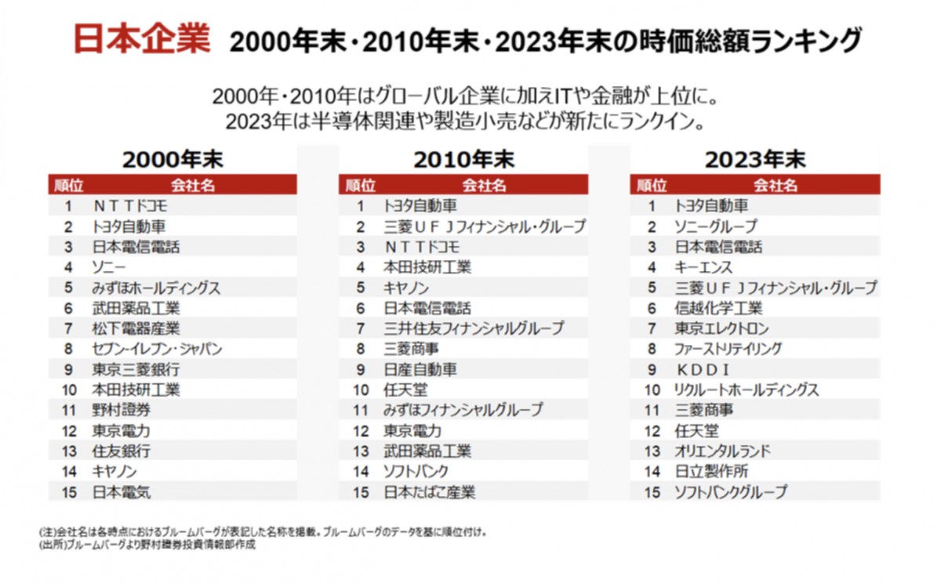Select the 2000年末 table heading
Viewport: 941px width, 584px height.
point(173,159)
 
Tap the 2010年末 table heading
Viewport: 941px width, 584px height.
point(463,159)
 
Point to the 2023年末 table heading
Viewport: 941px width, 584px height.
point(754,159)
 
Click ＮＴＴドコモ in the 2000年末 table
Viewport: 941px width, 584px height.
point(131,206)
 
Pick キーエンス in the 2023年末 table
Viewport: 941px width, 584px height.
point(703,267)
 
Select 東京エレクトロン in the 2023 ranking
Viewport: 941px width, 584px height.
point(721,328)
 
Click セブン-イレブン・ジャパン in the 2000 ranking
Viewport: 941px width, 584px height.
point(157,349)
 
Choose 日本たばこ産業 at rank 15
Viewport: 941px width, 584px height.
point(429,492)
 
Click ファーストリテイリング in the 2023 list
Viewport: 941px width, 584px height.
point(728,349)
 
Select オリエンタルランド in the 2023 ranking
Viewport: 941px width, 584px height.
point(722,451)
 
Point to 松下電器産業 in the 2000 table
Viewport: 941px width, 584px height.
point(136,328)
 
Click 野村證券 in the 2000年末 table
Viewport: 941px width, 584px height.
point(122,410)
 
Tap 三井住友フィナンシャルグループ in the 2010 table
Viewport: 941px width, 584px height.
point(474,328)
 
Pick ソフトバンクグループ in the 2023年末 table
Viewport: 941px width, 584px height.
point(730,492)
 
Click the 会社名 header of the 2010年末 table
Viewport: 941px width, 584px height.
point(484,185)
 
